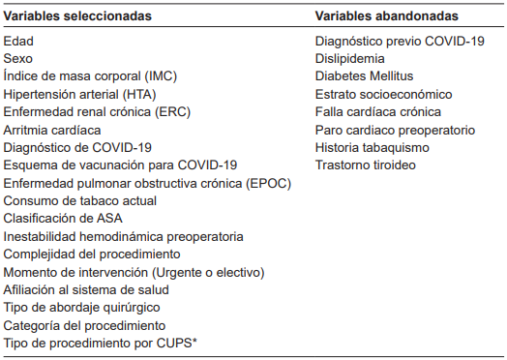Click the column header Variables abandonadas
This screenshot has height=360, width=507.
click(387, 16)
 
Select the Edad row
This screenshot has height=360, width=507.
click(18, 42)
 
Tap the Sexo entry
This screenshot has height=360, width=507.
click(18, 59)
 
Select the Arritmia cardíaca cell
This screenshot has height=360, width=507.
click(52, 130)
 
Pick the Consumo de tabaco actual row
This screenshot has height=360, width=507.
click(79, 200)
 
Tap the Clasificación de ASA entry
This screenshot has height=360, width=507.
click(63, 219)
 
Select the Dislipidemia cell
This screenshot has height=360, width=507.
click(349, 59)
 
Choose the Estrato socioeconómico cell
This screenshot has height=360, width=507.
click(383, 95)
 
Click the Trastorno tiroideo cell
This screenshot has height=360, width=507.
click(366, 165)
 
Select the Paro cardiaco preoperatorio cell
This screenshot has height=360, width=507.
click(395, 130)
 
